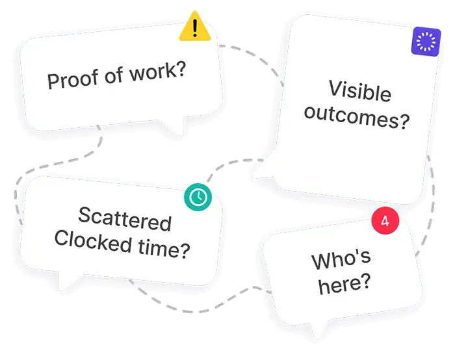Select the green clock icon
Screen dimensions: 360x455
click(x=198, y=197)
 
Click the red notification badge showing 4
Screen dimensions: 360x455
click(x=385, y=222)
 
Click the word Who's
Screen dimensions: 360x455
click(x=341, y=259)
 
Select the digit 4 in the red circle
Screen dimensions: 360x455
click(x=385, y=222)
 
